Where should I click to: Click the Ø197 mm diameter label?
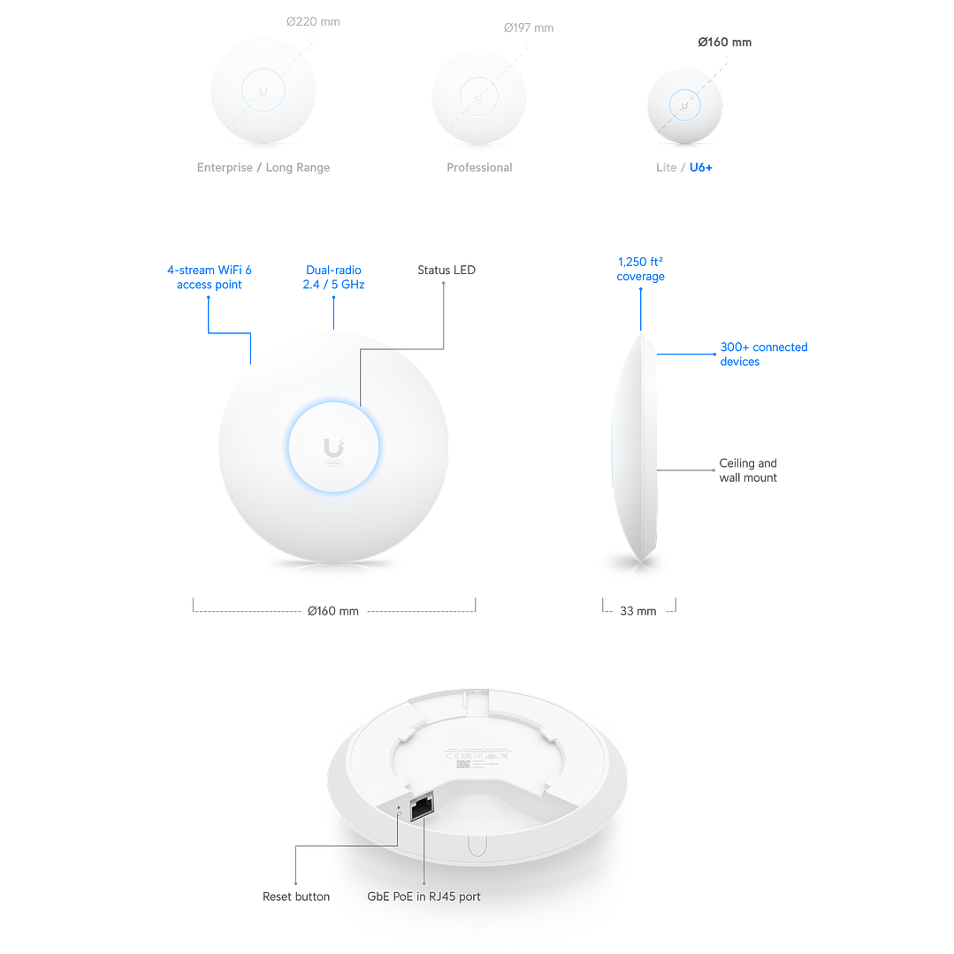[529, 28]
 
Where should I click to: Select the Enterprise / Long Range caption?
[263, 167]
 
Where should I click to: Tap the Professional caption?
[479, 167]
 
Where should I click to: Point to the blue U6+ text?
[700, 167]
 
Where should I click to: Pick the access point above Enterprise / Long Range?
[263, 91]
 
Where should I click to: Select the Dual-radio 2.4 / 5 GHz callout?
[334, 278]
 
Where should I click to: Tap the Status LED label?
[446, 270]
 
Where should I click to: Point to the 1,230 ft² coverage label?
[641, 269]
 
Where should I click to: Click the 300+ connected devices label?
[763, 355]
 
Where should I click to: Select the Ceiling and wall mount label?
[748, 470]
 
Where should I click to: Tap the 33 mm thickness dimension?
[639, 610]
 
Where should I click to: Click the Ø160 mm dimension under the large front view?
[333, 611]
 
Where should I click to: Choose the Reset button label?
[297, 897]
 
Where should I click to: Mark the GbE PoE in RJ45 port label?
[424, 897]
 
